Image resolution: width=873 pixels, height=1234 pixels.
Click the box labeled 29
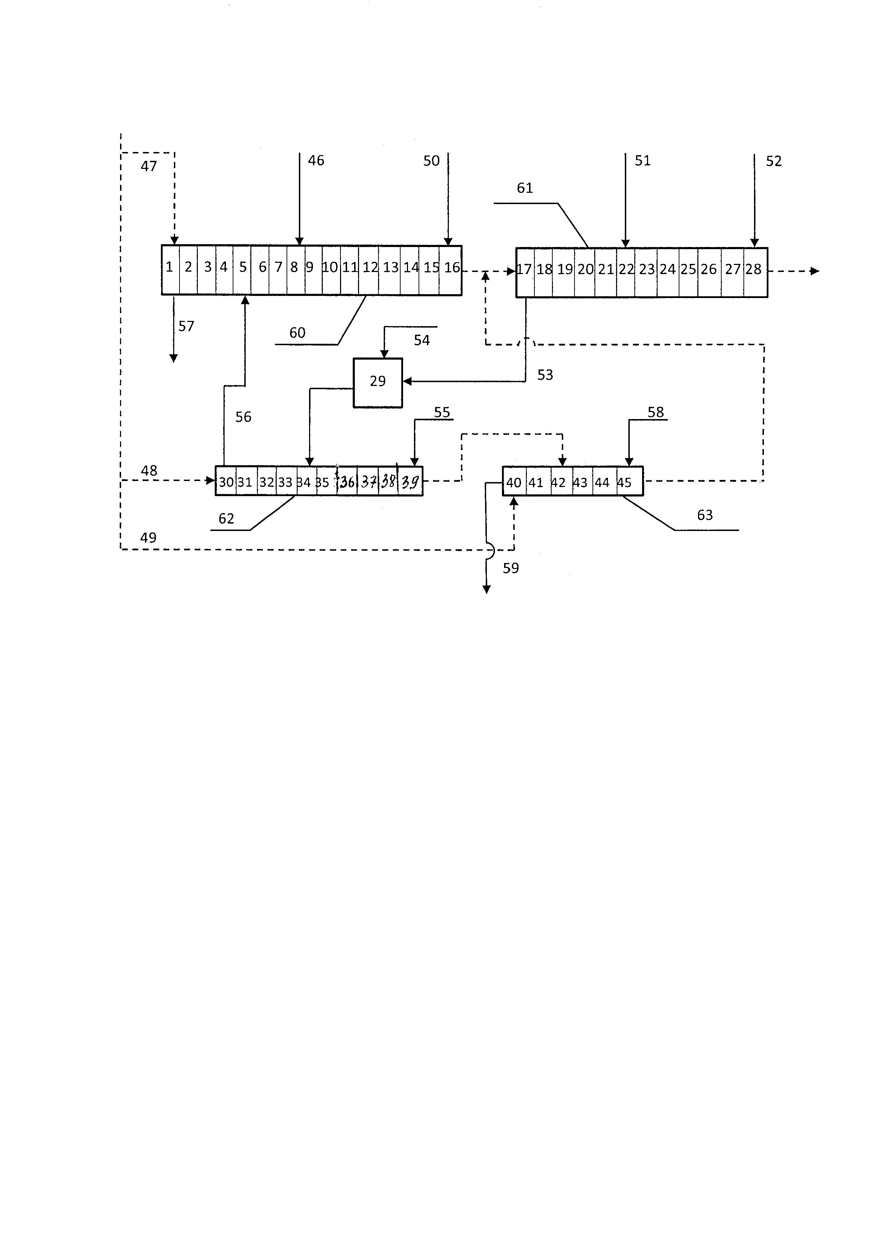point(377,382)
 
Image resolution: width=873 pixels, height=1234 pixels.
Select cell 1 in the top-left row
point(170,269)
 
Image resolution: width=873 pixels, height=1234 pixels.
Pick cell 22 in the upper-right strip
point(626,271)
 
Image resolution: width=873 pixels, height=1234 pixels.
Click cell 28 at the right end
point(754,271)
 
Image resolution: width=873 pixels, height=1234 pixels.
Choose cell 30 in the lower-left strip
point(226,482)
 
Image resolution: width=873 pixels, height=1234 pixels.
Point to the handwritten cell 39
point(410,482)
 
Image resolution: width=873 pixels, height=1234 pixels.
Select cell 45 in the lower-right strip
point(624,482)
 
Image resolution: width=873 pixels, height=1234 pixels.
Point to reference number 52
point(773,161)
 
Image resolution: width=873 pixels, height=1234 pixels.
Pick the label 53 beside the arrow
point(545,375)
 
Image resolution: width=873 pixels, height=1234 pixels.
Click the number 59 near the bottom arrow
point(511,568)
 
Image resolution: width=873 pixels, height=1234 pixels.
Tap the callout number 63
point(705,515)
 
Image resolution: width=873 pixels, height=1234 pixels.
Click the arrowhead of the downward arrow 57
point(173,359)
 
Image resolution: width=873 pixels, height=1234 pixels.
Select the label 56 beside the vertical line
point(243,417)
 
